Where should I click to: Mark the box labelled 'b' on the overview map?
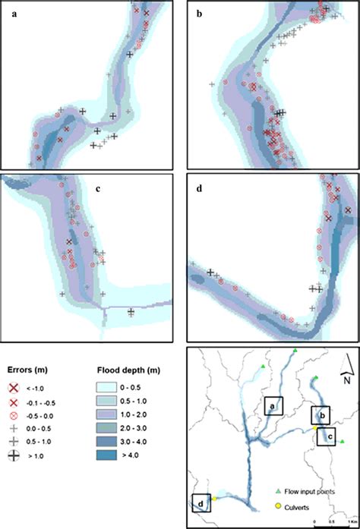[321, 415]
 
